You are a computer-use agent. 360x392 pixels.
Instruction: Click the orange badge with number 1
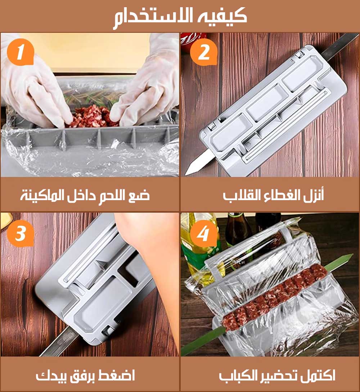point(20,53)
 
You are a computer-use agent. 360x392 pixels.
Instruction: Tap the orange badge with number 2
point(203,53)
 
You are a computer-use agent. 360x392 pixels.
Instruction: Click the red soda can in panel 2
point(189,41)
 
